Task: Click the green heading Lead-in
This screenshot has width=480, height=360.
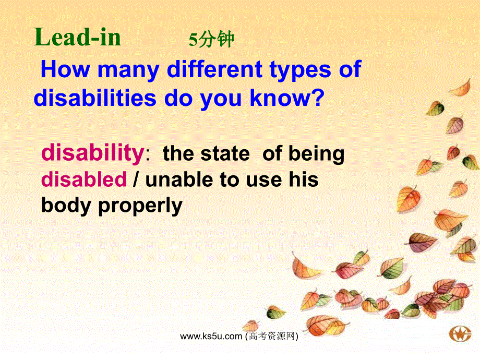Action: [77, 37]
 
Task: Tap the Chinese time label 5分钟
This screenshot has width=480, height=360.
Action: [211, 40]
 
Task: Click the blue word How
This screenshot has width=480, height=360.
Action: [66, 69]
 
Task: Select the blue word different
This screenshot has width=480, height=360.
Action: [214, 69]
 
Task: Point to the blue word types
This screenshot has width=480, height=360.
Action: [301, 71]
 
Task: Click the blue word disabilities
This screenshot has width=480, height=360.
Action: [95, 98]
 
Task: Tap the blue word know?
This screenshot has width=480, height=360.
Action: [287, 98]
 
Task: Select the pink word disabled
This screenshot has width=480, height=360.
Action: [84, 179]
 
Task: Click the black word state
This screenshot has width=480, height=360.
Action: [225, 154]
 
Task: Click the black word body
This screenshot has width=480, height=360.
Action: [66, 206]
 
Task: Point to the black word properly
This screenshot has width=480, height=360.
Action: [140, 206]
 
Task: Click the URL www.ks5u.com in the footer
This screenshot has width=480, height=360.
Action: [211, 337]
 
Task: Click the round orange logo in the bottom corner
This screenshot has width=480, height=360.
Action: [460, 334]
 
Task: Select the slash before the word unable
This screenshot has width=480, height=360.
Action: [135, 179]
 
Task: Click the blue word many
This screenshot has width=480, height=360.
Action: [128, 71]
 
